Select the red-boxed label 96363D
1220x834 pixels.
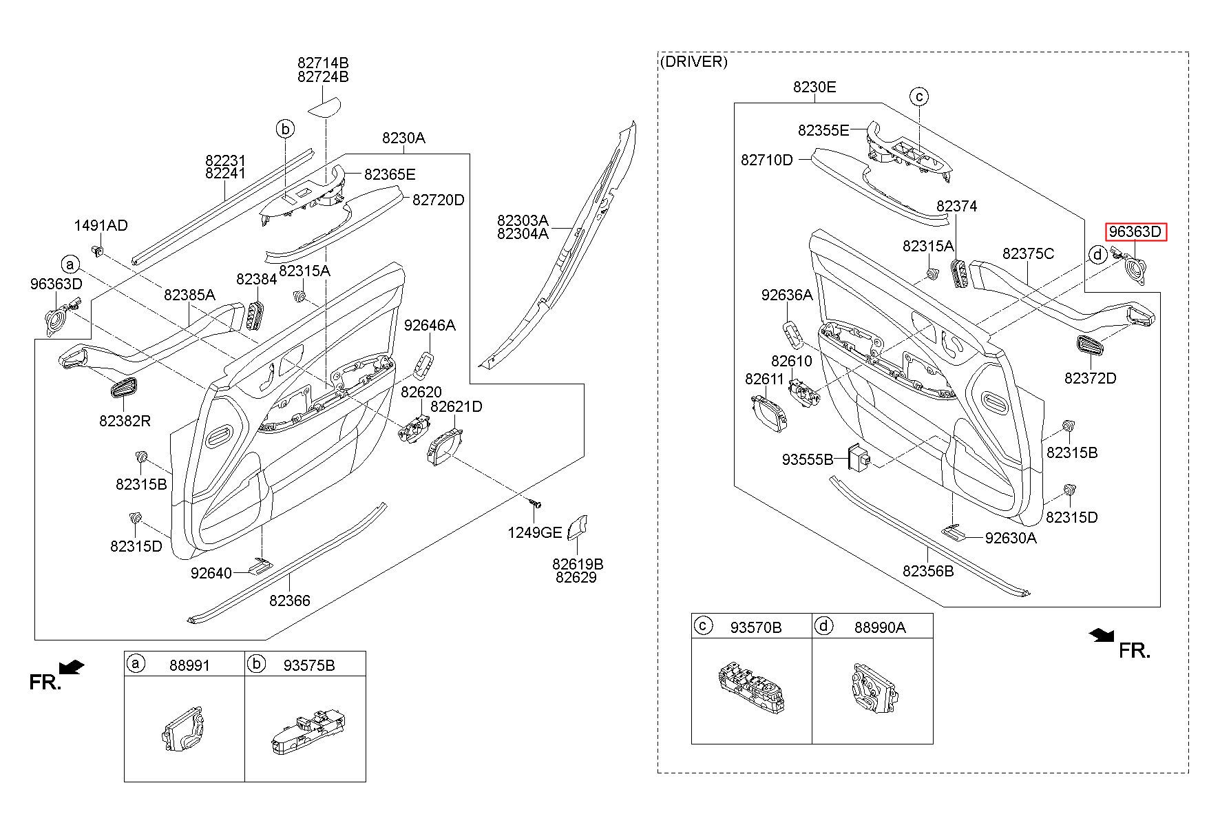(1137, 232)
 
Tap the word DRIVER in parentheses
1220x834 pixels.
(693, 61)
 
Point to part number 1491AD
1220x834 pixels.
(101, 225)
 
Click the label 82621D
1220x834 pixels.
(456, 406)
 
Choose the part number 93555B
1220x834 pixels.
(807, 459)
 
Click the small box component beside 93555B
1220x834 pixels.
(859, 456)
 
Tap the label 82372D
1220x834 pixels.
(1090, 378)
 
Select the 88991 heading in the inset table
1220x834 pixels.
(189, 665)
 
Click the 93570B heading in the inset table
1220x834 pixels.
(755, 627)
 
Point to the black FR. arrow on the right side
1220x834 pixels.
(1102, 635)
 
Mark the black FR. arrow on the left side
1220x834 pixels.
(72, 667)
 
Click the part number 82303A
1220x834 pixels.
(523, 220)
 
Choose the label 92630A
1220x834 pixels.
(1010, 538)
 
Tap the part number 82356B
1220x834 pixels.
(928, 571)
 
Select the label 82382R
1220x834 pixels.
(125, 421)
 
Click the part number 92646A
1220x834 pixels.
(430, 325)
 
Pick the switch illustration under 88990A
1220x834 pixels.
(873, 689)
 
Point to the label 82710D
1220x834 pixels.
(766, 160)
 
